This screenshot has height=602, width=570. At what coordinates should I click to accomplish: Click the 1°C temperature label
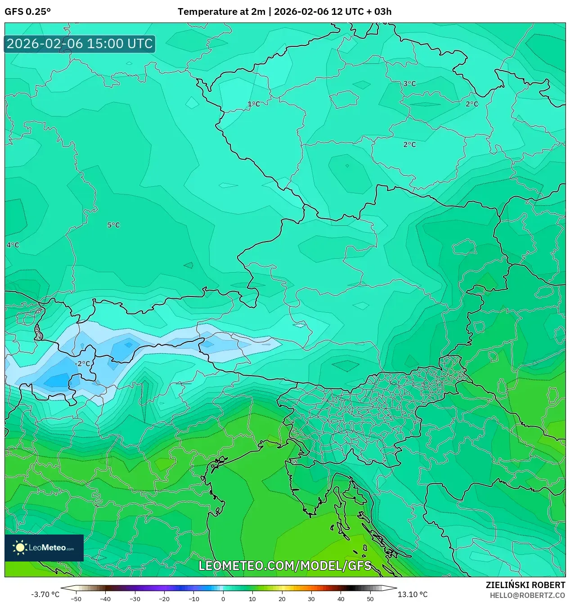coord(254,104)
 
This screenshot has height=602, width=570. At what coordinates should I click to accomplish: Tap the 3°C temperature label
coord(409,84)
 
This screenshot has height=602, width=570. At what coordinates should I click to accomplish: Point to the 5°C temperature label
coord(113,225)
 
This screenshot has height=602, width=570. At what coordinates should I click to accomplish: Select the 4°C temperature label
coord(13,245)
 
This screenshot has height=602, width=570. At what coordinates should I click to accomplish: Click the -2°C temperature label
coord(82,364)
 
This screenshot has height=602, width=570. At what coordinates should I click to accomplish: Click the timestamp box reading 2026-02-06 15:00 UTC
coord(80,44)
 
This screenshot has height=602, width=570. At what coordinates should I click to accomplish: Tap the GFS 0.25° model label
coord(27,12)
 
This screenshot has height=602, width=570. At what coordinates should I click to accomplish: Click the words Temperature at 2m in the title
coord(221,12)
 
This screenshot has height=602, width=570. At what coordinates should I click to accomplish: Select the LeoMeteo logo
coord(44,548)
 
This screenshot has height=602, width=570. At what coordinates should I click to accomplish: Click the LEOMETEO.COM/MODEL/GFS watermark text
coord(285,566)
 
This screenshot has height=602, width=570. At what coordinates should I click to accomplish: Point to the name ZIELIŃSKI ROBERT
coord(525,585)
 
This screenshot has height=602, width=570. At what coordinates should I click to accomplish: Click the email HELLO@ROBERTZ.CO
coord(527,595)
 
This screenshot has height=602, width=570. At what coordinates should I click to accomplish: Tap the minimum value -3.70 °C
coord(45,594)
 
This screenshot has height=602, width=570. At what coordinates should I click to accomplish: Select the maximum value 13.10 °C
coord(413,594)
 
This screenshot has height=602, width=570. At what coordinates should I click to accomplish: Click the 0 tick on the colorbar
coord(223,599)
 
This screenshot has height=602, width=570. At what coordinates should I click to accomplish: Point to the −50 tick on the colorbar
coord(76,599)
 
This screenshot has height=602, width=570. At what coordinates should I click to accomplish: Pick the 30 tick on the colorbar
coord(311,599)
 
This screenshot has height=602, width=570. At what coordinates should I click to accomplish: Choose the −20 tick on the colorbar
coord(164,599)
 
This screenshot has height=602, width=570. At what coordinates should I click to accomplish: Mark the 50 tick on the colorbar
coord(370,599)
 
